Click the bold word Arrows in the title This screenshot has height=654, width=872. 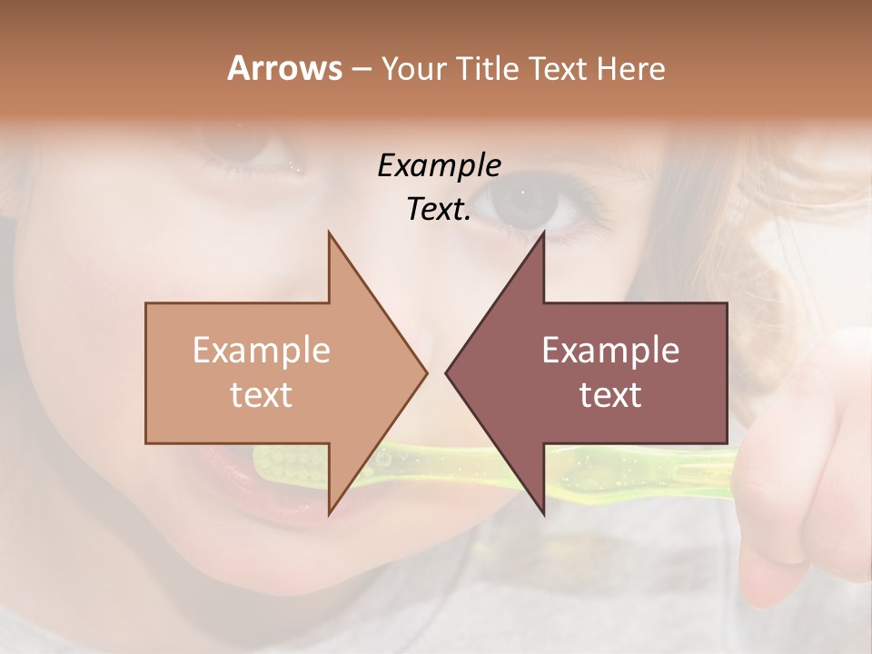284,68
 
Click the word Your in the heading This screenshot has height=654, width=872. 413,70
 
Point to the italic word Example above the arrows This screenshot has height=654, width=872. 439,165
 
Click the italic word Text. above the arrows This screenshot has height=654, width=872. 439,210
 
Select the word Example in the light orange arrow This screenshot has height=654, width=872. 261,350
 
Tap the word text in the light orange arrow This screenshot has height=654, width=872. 261,394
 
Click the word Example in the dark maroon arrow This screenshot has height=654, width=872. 610,350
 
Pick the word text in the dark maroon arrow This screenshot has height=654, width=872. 610,394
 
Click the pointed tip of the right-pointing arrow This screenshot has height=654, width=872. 425,372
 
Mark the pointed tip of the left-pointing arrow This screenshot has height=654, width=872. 447,372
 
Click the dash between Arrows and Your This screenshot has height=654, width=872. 362,70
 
